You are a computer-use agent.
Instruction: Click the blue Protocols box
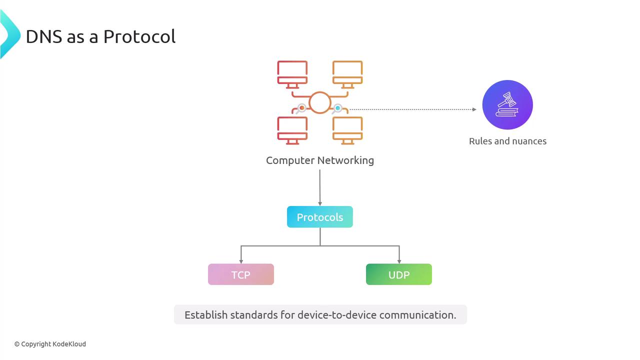coord(320,217)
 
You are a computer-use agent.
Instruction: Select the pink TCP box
coord(241,274)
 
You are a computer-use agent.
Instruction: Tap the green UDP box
coord(399,274)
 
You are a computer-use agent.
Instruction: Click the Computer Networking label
coord(320,160)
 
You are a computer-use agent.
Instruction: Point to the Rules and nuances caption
coord(507,141)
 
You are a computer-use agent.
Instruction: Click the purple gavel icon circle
coord(507,105)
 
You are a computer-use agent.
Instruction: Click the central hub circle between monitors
coord(320,102)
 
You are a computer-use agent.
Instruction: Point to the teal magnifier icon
coord(337,108)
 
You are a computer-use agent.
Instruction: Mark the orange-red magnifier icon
coord(301,108)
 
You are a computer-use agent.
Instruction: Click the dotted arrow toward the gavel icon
coord(412,109)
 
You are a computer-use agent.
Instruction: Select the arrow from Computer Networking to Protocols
coord(320,187)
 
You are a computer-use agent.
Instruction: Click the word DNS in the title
coord(44,36)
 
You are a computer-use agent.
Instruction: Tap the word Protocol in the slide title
coord(139,36)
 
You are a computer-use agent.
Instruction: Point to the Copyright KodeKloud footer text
coord(50,344)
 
